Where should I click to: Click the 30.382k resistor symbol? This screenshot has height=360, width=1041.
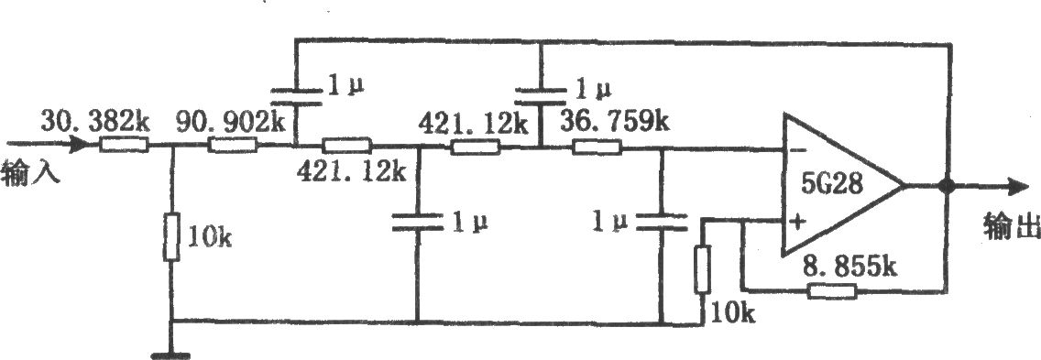coord(124,144)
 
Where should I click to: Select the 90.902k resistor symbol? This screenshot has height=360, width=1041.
coord(233,144)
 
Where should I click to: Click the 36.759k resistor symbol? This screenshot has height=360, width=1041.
coord(597,147)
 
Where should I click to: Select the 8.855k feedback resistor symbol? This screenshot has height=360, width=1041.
coord(832,290)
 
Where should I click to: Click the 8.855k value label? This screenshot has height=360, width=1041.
coord(849,267)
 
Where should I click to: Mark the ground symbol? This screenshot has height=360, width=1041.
coord(171,356)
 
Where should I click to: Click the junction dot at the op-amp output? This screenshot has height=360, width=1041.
coord(948,187)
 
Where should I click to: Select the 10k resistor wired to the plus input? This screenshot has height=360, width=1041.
coord(703,269)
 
